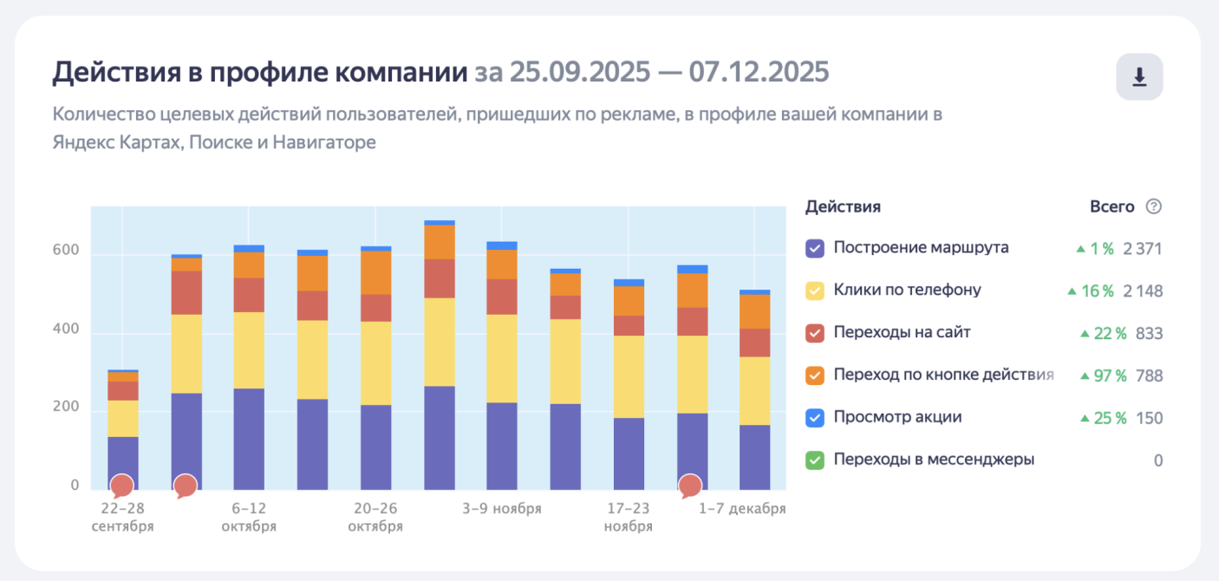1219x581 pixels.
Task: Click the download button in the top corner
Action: (1139, 77)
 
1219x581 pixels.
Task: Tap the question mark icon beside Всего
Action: (1153, 206)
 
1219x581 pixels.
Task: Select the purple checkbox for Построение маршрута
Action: (814, 248)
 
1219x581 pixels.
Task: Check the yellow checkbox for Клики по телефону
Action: (814, 290)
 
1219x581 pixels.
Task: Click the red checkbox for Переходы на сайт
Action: (814, 333)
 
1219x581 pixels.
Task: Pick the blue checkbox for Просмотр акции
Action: (814, 418)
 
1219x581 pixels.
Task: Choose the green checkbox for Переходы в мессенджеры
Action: (814, 460)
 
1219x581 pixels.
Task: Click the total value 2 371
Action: (1142, 249)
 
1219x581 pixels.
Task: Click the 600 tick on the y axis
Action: (68, 251)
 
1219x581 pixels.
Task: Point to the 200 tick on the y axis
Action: (68, 408)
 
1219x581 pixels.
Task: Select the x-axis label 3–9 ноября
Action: (502, 508)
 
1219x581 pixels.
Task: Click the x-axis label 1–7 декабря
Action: (742, 508)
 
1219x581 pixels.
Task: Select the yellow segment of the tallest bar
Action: (440, 342)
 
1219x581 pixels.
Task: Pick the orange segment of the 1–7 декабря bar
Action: (754, 311)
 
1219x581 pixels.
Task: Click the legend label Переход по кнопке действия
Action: (943, 375)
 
